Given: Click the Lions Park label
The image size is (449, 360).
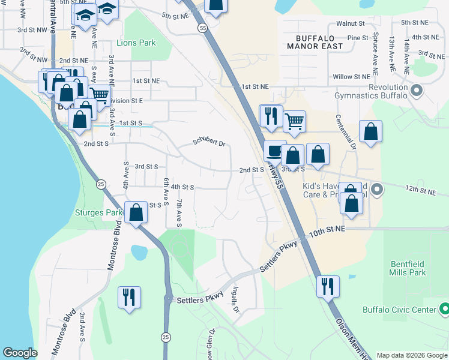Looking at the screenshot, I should (137, 43).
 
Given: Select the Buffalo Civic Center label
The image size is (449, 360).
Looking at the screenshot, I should (399, 310).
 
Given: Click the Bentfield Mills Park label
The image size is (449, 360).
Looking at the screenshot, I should (408, 268).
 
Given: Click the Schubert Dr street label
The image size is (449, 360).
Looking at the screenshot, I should (208, 143).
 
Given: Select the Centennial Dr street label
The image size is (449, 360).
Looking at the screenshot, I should (345, 132).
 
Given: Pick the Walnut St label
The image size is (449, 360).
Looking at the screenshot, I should (351, 23).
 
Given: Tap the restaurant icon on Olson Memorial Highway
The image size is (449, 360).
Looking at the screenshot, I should (328, 286).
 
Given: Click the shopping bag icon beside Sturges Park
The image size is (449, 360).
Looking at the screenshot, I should (136, 212).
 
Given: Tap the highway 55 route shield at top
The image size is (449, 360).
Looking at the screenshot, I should (202, 28).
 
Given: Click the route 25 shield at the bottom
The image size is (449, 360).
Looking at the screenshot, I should (166, 338).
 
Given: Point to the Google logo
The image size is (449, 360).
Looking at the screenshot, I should (20, 353).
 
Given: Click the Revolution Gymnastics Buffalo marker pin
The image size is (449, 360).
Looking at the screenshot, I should (418, 91).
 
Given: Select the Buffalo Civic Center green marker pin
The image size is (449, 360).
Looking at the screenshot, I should (445, 310).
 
